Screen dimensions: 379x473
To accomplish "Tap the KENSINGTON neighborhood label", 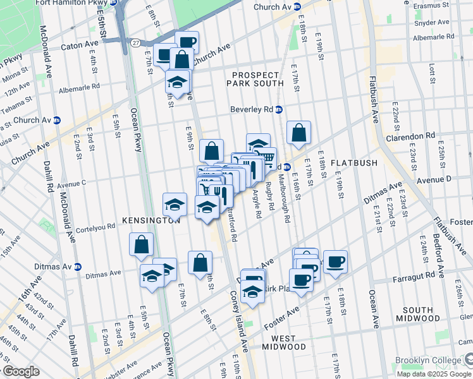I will coord(152,221).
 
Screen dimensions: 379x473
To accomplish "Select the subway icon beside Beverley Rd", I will coord(278,109).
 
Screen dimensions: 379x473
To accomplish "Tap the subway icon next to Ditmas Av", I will coord(77,267).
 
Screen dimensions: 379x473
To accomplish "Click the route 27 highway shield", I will coord(136,42).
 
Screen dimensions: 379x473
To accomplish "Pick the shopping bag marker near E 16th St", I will coord(299,133).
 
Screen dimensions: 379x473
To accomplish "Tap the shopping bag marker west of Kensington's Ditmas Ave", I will coord(141,244).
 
